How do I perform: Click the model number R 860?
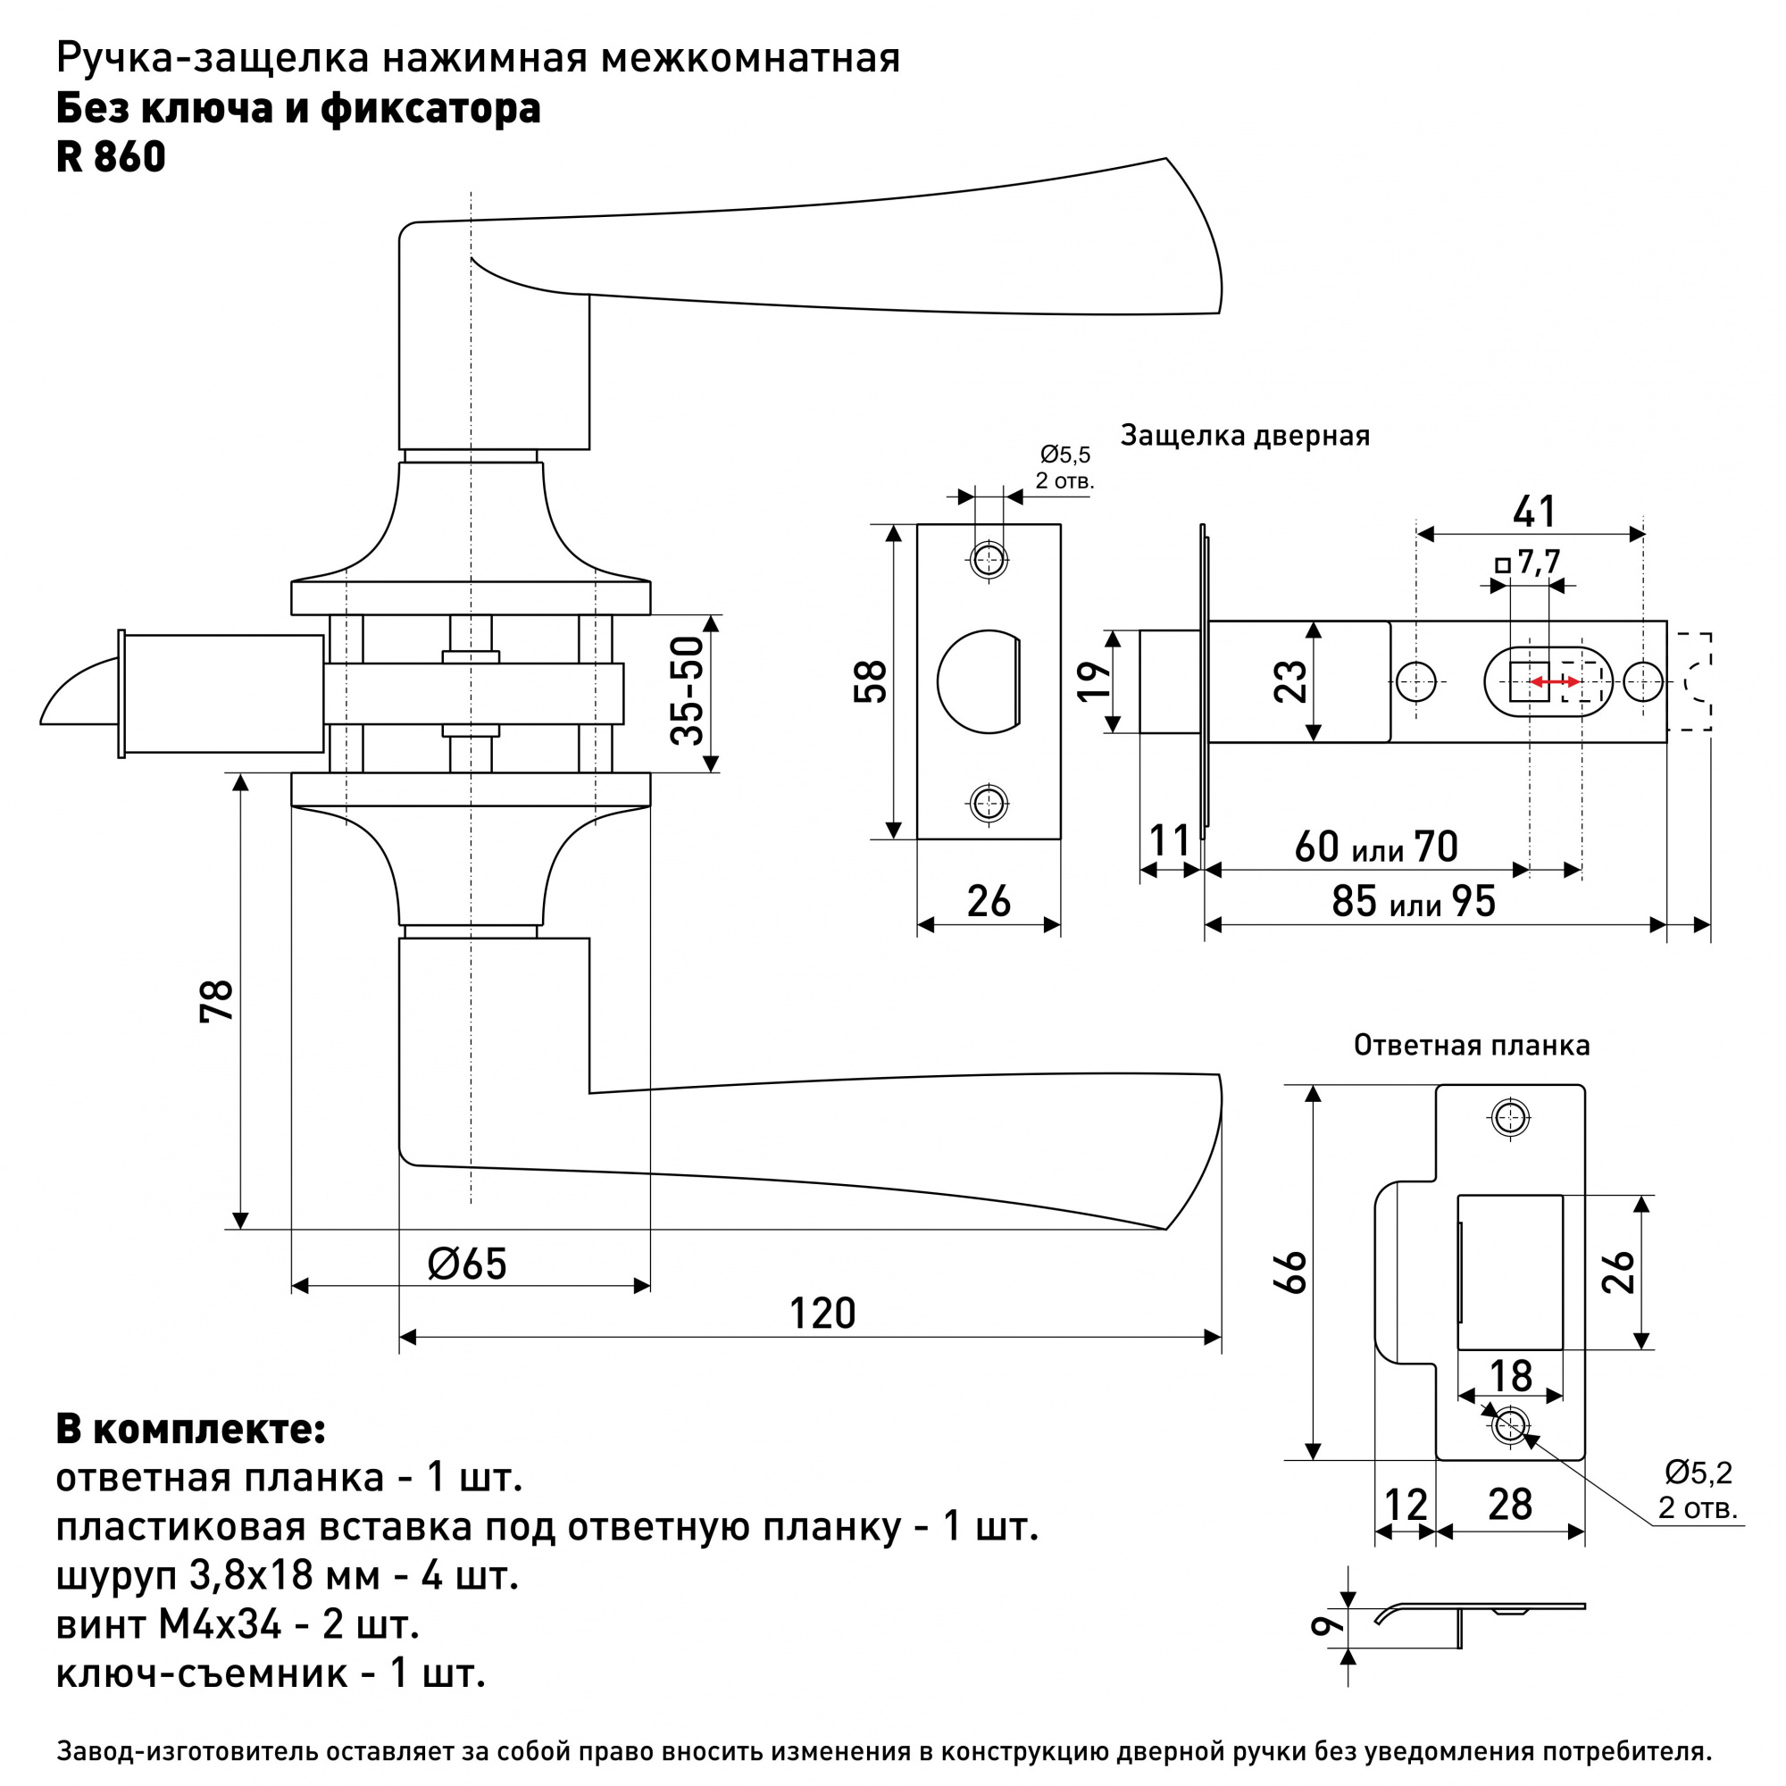coord(111,156)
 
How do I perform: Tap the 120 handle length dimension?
coord(822,1314)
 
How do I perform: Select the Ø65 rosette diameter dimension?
coord(468,1264)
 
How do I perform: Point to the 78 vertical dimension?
coord(217,1000)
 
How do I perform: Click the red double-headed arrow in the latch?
coord(1554,682)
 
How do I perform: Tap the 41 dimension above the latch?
coord(1533,511)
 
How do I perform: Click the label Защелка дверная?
coord(1244,436)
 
